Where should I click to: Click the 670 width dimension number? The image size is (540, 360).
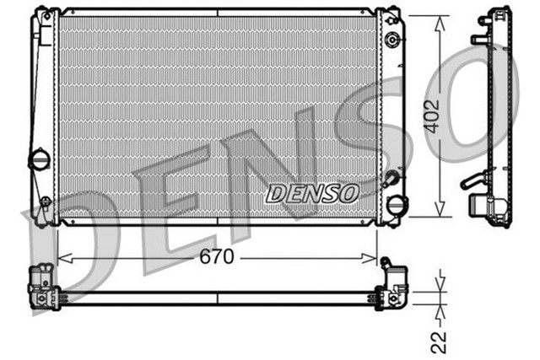(217, 257)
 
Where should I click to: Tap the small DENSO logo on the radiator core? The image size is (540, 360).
(312, 194)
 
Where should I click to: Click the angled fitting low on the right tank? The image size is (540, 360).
(391, 180)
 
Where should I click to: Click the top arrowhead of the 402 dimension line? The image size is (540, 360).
(440, 21)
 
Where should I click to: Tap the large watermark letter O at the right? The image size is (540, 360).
(498, 110)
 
